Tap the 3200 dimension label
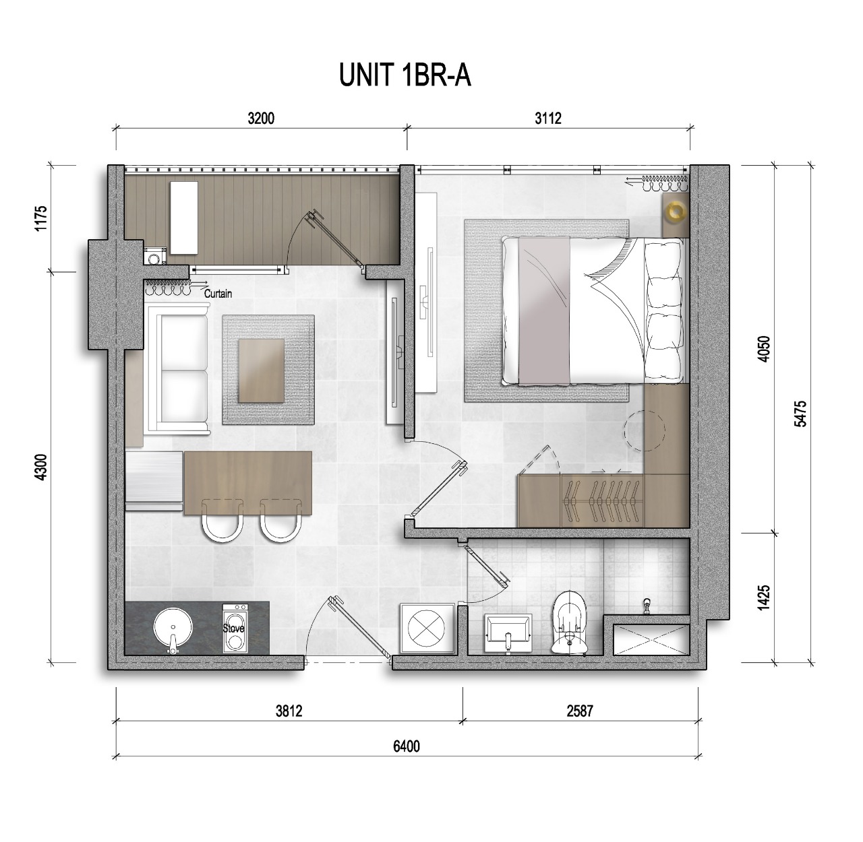[261, 119]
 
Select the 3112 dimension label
[548, 119]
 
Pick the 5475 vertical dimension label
[802, 414]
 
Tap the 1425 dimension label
[764, 598]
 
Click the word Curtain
[218, 294]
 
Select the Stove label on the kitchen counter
[234, 628]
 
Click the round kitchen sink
[173, 628]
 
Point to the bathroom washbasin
[508, 633]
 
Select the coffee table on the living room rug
[262, 371]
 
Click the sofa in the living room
[177, 368]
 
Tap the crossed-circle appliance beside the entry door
[425, 628]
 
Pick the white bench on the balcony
[184, 218]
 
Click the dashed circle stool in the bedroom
[645, 430]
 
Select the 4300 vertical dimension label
[41, 467]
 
